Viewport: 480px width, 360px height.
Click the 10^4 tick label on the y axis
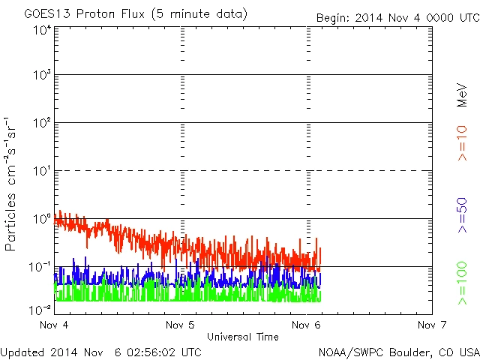click(x=42, y=30)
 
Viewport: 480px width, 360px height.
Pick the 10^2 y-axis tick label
click(x=42, y=124)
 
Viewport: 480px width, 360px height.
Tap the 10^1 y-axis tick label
click(x=42, y=172)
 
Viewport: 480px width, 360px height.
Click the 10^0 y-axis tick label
click(x=42, y=220)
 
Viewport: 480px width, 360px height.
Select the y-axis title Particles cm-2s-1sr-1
click(x=13, y=184)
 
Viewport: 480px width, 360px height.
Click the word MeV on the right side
click(x=462, y=96)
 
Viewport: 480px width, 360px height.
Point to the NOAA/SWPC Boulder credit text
click(x=398, y=351)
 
